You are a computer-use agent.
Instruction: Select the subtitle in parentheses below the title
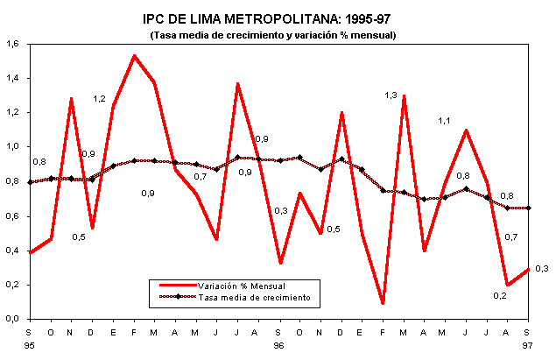point(273,35)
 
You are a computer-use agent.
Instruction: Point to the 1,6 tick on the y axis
point(12,44)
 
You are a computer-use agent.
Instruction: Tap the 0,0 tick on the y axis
point(12,320)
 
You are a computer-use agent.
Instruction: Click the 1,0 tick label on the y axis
point(12,147)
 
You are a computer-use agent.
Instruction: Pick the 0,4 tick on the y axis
point(12,251)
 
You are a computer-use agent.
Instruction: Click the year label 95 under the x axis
point(30,345)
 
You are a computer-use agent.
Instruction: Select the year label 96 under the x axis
point(279,345)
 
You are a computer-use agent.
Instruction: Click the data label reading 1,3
point(391,95)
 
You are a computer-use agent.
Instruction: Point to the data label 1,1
point(444,121)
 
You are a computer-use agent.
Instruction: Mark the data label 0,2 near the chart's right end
point(499,295)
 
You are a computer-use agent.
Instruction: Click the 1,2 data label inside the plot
point(100,99)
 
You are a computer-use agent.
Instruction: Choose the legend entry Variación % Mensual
point(241,286)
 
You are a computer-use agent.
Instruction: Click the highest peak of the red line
point(134,55)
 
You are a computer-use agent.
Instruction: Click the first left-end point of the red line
point(30,252)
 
